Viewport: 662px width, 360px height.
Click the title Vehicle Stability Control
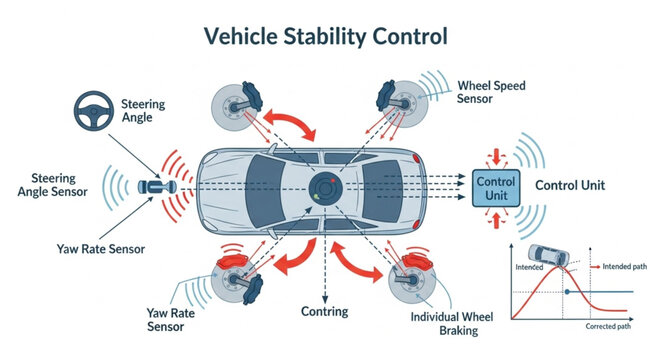pyautogui.click(x=326, y=37)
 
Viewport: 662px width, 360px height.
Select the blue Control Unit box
pyautogui.click(x=496, y=188)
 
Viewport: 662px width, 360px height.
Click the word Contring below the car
pyautogui.click(x=325, y=311)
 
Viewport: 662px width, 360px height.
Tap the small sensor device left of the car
pyautogui.click(x=158, y=187)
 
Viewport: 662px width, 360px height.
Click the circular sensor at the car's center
pyautogui.click(x=325, y=189)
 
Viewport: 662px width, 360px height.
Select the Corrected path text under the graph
pyautogui.click(x=609, y=327)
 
